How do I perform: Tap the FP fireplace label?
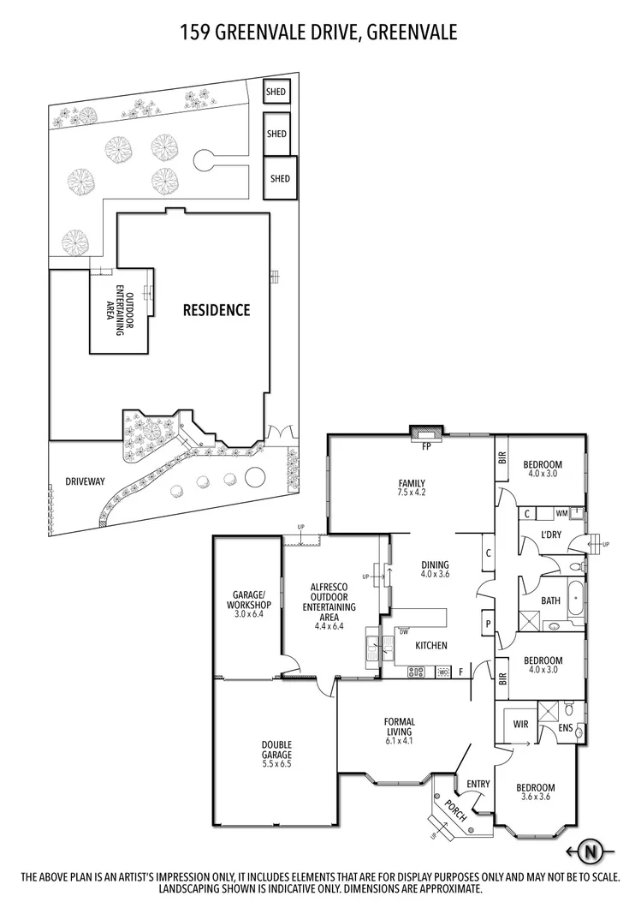[x=425, y=445]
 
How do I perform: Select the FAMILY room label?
[x=411, y=483]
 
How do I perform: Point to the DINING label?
[x=436, y=565]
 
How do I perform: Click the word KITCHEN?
[x=430, y=645]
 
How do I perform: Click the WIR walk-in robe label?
[x=519, y=725]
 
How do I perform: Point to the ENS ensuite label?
[x=565, y=728]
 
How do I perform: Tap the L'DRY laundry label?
[x=551, y=535]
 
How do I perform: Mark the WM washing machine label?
[x=561, y=513]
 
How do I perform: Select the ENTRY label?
[x=478, y=784]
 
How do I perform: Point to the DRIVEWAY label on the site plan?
[x=85, y=481]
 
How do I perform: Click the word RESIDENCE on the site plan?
[x=217, y=310]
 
